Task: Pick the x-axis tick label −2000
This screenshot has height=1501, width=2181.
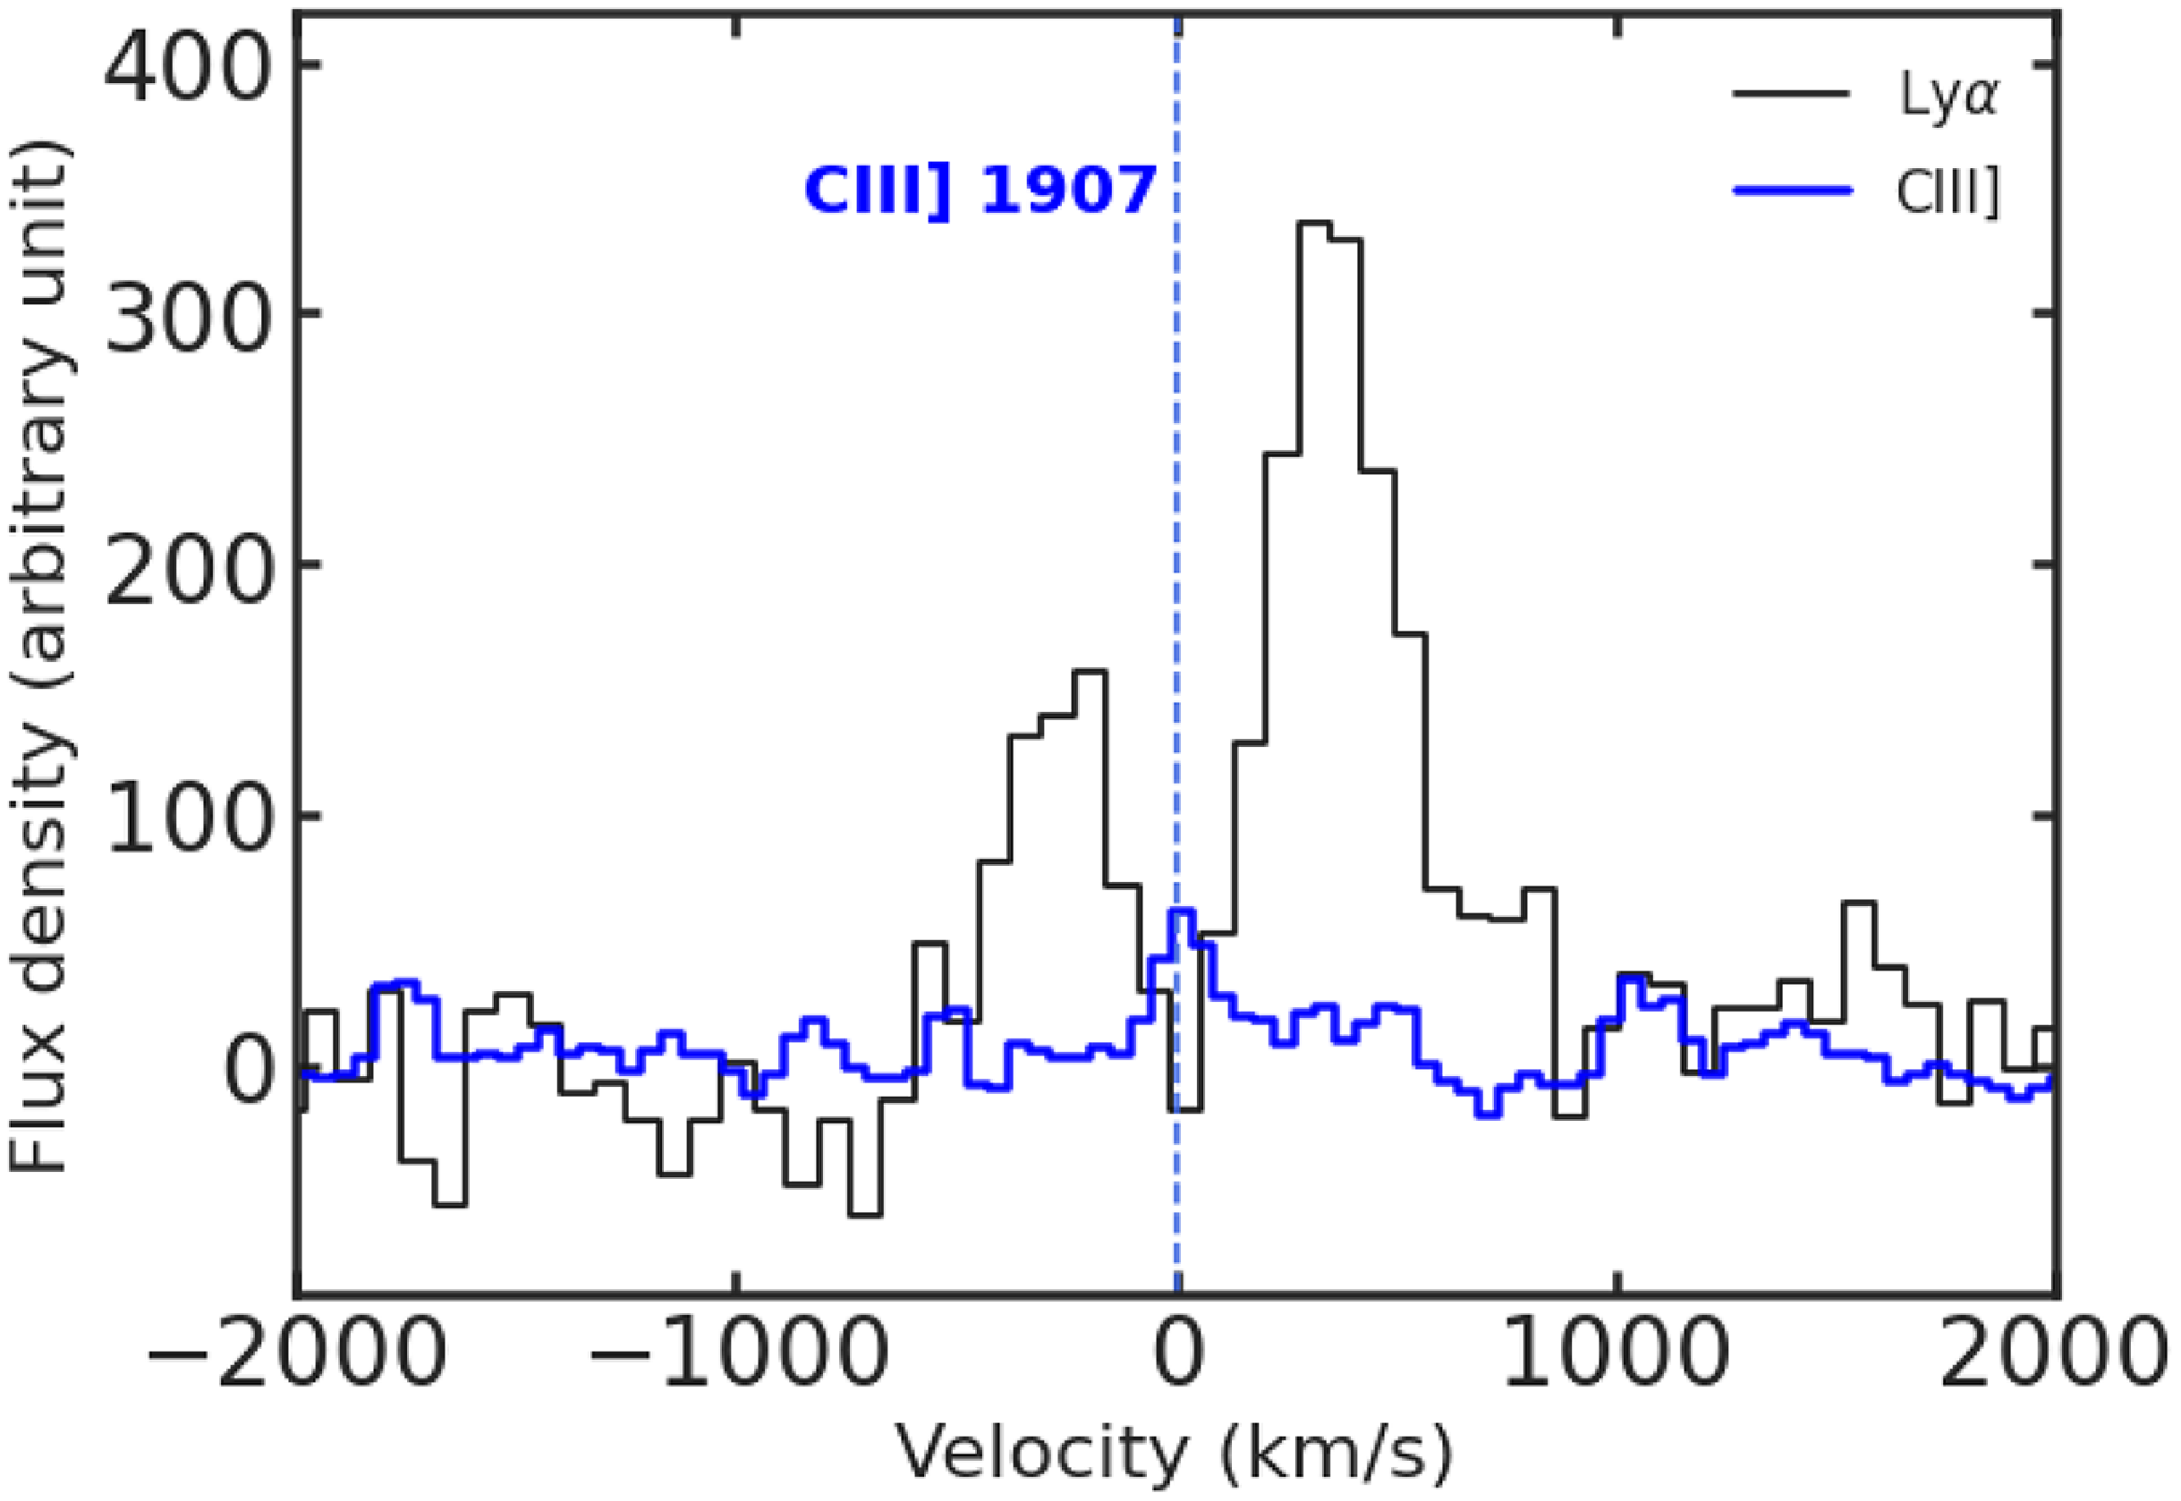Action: (x=293, y=1356)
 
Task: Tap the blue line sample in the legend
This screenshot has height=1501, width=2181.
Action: (x=1792, y=191)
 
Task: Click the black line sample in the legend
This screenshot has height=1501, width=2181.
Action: (x=1792, y=95)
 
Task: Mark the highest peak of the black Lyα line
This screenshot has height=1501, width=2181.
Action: (x=1314, y=223)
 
